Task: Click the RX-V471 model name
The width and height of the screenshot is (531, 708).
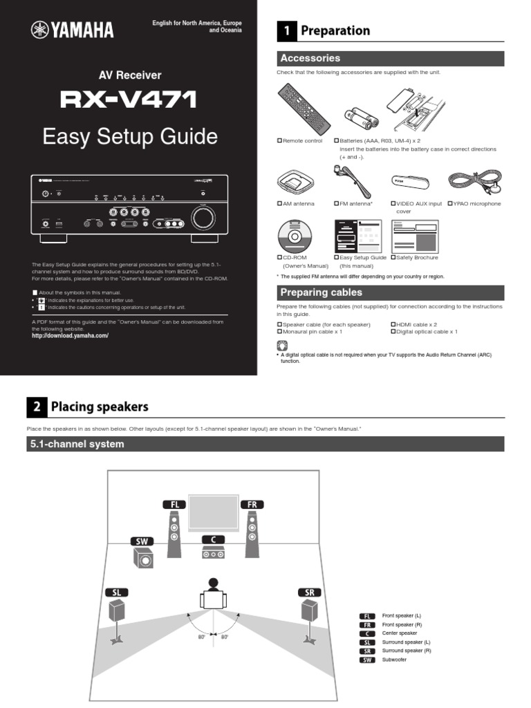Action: coord(129,101)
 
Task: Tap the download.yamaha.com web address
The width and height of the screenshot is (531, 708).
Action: coord(71,335)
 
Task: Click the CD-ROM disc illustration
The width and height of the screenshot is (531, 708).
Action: coord(297,235)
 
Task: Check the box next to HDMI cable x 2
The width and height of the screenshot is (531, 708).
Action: coord(393,324)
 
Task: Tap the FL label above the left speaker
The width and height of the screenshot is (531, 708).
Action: coord(174,505)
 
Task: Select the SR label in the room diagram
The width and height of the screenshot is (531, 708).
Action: coord(308,593)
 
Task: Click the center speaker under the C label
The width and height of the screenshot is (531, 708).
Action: coord(214,553)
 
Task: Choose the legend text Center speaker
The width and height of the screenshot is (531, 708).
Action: coord(400,633)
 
